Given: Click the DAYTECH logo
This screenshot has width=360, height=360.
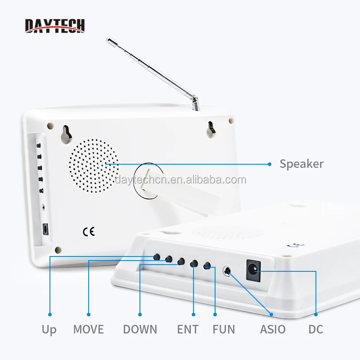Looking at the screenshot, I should (x=54, y=25).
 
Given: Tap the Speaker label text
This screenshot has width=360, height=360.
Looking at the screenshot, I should (x=301, y=164).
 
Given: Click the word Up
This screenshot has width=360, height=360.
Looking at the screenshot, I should (x=49, y=329).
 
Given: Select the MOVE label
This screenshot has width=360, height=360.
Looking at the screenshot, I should (x=88, y=329).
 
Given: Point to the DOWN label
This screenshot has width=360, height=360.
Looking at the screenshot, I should (x=140, y=329).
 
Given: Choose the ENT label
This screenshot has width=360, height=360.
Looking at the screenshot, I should (x=188, y=329).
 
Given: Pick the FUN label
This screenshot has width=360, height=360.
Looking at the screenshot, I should (x=224, y=329).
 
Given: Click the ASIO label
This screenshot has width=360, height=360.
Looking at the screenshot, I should (x=273, y=329).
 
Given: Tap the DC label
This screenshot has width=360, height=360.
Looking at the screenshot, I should (x=316, y=329).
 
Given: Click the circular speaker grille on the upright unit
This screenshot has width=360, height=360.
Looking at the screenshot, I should (x=94, y=164).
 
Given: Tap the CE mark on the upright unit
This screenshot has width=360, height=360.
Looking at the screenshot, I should (x=89, y=232).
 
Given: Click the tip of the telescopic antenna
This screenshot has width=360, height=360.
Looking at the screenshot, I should (x=108, y=41).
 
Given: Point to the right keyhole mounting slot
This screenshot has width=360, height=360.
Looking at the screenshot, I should (x=211, y=129).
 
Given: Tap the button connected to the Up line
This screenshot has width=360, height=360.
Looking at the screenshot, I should (x=157, y=256).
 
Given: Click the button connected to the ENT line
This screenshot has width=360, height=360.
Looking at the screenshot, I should (x=194, y=264).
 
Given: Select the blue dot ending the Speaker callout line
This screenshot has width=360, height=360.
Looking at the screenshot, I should (x=270, y=164).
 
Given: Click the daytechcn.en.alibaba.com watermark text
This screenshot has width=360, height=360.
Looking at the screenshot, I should (x=180, y=180).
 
